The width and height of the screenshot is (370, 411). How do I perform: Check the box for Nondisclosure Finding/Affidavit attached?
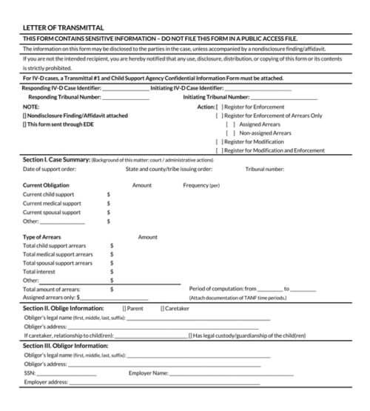[25, 116]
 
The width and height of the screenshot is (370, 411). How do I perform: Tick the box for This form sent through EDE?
[25, 124]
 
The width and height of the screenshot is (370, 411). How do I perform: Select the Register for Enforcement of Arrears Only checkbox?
[218, 116]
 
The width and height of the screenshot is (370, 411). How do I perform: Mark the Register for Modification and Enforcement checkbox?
[218, 150]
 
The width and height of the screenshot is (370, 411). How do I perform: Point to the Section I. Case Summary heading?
[56, 160]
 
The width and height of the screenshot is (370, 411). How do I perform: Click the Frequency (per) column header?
[201, 185]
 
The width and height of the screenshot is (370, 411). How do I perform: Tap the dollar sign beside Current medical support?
[108, 204]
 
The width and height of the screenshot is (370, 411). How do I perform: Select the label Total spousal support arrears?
[58, 263]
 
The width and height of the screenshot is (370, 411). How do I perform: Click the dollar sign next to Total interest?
[112, 272]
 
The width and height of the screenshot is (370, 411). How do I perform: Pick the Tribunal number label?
[264, 169]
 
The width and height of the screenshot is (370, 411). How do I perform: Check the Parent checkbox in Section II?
[124, 307]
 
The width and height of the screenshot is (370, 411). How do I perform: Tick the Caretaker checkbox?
[162, 307]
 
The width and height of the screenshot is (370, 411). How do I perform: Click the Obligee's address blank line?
[163, 327]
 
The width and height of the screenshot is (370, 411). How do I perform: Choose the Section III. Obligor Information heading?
[66, 345]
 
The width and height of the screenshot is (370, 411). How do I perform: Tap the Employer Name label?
[149, 373]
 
